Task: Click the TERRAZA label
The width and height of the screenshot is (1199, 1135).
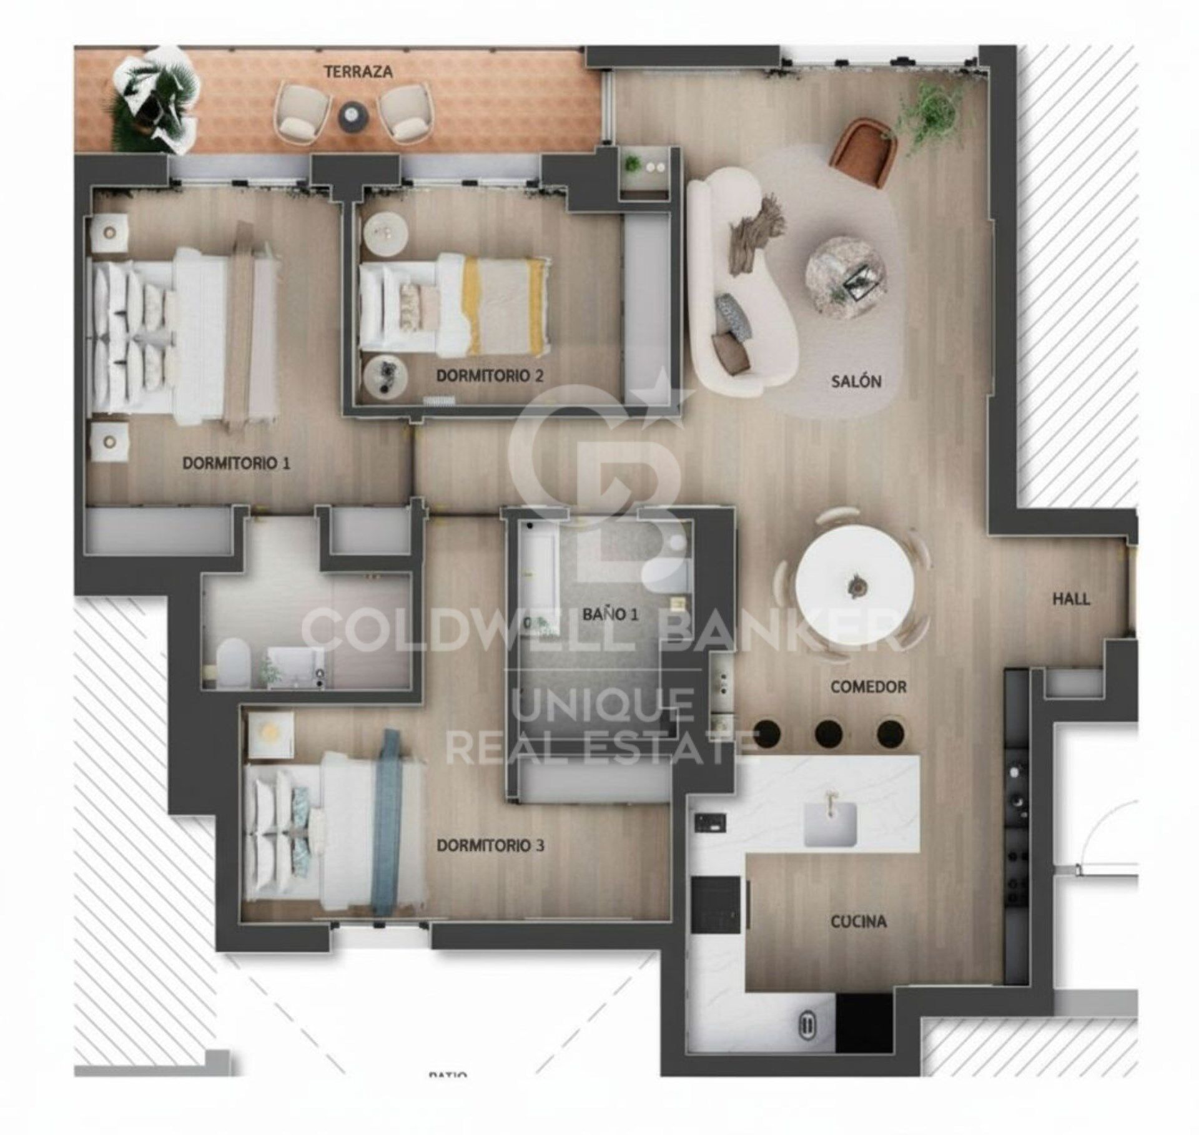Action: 358,72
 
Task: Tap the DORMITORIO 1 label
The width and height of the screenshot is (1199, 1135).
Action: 236,463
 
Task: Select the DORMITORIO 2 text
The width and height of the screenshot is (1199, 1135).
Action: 490,376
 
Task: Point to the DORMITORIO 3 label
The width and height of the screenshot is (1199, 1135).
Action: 490,845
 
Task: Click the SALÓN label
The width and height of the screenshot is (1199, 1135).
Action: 856,381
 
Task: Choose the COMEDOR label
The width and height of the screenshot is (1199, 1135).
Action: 868,687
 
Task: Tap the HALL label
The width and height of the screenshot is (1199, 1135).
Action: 1071,599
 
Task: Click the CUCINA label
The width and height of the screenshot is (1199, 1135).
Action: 858,921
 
